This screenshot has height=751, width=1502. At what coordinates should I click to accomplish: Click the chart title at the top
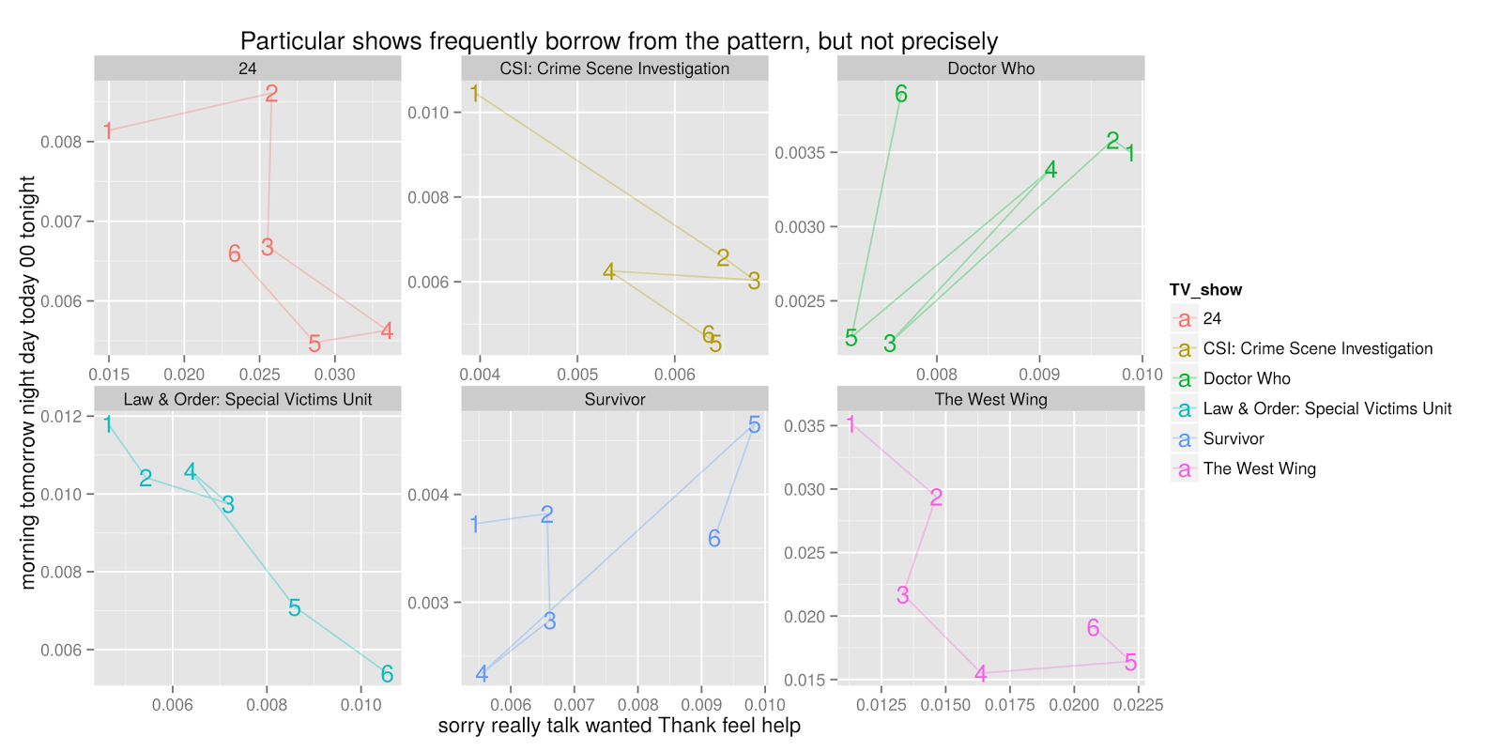(x=619, y=41)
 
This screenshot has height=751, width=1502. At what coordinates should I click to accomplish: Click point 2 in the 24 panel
(x=271, y=93)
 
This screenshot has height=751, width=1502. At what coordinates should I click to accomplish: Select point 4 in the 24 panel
(x=387, y=330)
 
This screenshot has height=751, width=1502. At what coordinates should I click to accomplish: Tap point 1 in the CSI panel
(x=474, y=93)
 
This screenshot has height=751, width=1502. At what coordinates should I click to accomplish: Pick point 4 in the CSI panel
(x=609, y=271)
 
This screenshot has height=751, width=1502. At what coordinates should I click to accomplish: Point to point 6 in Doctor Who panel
(x=901, y=94)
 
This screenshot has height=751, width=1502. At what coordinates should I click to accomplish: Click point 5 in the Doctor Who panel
(x=851, y=338)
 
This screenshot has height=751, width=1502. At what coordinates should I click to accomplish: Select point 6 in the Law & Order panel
(x=387, y=674)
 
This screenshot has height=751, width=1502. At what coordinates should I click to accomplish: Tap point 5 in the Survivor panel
(x=754, y=425)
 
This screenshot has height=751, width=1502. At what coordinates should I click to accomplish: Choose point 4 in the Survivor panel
(x=482, y=674)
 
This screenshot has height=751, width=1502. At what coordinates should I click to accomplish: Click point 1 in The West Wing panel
(x=851, y=425)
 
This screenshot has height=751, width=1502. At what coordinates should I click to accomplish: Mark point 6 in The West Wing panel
(x=1093, y=628)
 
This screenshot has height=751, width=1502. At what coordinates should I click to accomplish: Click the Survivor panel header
(x=615, y=399)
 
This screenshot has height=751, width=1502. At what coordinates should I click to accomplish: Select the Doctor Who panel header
(x=990, y=69)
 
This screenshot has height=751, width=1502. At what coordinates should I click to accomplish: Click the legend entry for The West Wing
(x=1259, y=468)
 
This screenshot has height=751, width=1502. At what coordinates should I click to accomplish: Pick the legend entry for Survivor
(x=1233, y=438)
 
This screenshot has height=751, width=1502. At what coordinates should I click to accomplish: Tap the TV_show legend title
(x=1205, y=289)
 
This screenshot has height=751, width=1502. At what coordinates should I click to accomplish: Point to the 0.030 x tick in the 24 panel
(x=335, y=374)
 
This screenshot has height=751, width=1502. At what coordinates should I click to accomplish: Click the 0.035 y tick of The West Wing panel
(x=804, y=426)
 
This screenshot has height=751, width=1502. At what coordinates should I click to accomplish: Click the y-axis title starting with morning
(x=28, y=382)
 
